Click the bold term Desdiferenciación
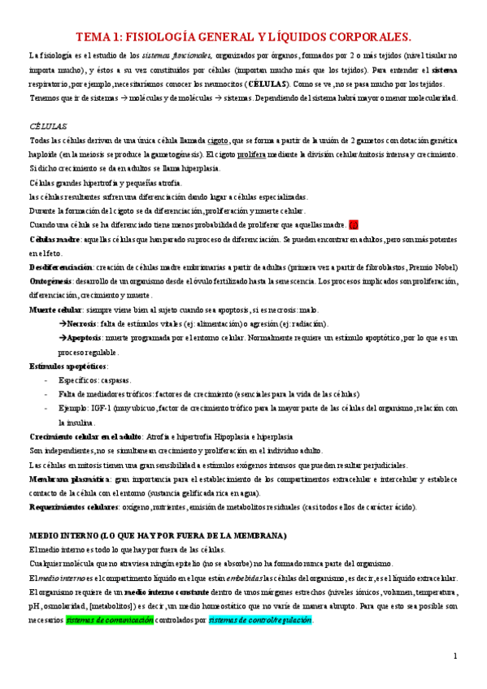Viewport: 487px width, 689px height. tap(61, 266)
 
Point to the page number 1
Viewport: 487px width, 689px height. tap(455, 656)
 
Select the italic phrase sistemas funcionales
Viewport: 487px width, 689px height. tap(179, 55)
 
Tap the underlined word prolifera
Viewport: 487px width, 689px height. tap(235, 154)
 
